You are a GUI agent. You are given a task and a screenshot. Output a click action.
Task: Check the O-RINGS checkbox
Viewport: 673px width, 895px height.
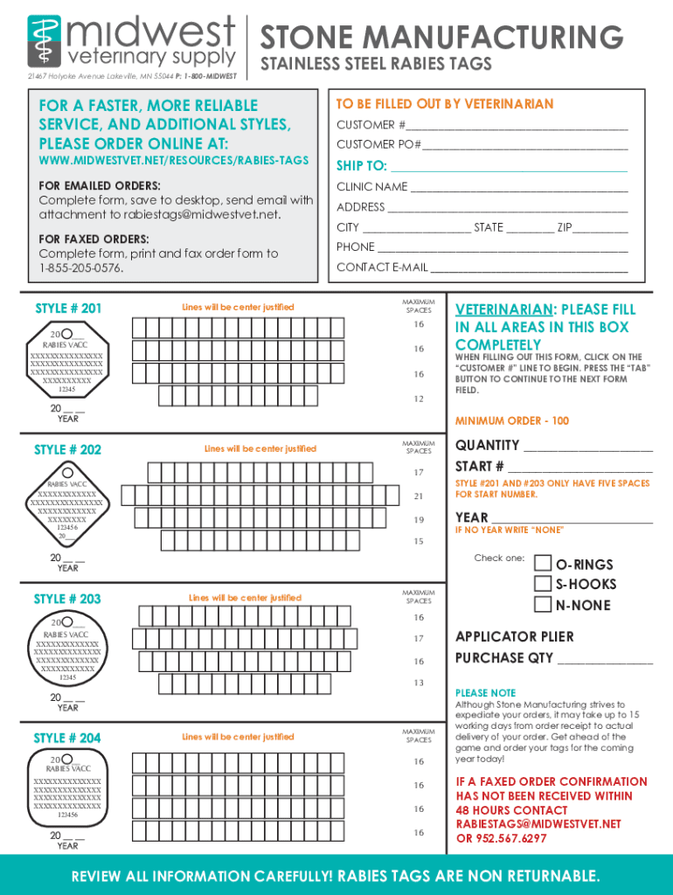coord(542,563)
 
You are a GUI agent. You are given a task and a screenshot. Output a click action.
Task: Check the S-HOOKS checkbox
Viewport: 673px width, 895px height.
coord(542,583)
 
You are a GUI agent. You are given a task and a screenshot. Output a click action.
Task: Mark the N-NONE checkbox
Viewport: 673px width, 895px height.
coord(542,604)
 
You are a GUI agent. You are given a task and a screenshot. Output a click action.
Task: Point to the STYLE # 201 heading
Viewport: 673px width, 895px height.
coord(68,309)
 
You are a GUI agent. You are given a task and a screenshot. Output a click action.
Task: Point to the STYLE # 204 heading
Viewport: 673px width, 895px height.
coord(67,739)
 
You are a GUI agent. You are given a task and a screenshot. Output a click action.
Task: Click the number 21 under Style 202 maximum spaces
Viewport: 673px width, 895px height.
coord(418,496)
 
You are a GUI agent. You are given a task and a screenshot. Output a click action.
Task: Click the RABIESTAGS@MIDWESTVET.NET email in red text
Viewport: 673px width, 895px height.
coord(538,824)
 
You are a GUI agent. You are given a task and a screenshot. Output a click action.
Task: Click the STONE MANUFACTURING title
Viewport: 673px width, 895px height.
coord(441,38)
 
